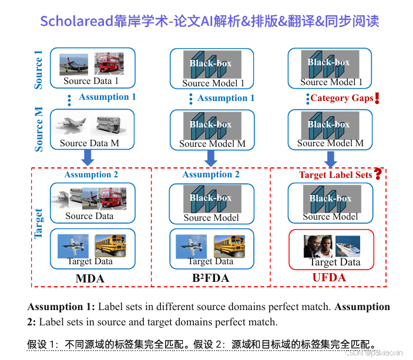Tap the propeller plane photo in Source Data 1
pos(73,64)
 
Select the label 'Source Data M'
pos(89,143)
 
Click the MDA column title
pos(90,278)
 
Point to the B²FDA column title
pos(211,278)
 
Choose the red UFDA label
pos(329,277)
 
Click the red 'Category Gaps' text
pos(342,98)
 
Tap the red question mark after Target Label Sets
pos(378,173)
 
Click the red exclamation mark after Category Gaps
pos(377,98)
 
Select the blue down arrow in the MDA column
pos(88,157)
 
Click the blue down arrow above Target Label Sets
pos(331,159)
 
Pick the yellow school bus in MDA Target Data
pos(110,245)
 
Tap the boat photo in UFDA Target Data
pos(347,245)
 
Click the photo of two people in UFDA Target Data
pos(317,245)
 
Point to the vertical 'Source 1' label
pos(39,70)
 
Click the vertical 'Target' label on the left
pos(39,223)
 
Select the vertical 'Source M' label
pos(39,129)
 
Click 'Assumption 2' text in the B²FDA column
pos(211,174)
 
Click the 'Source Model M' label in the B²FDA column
pos(212,144)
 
